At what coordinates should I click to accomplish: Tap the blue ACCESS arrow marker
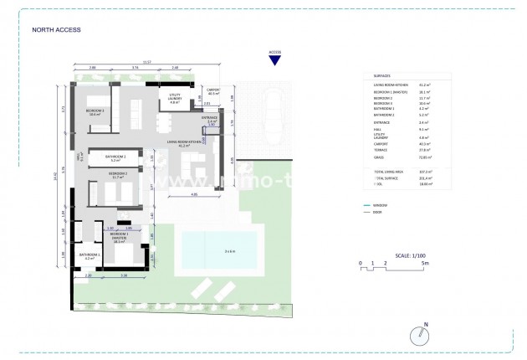click(x=274, y=59)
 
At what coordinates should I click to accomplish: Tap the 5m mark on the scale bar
click(x=426, y=263)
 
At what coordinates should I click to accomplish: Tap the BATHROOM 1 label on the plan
click(x=90, y=255)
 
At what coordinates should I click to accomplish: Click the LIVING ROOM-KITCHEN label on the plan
click(x=184, y=143)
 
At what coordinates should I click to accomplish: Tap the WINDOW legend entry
click(x=383, y=205)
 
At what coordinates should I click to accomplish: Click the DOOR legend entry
click(x=381, y=213)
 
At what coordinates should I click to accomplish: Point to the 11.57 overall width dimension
click(x=147, y=62)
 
